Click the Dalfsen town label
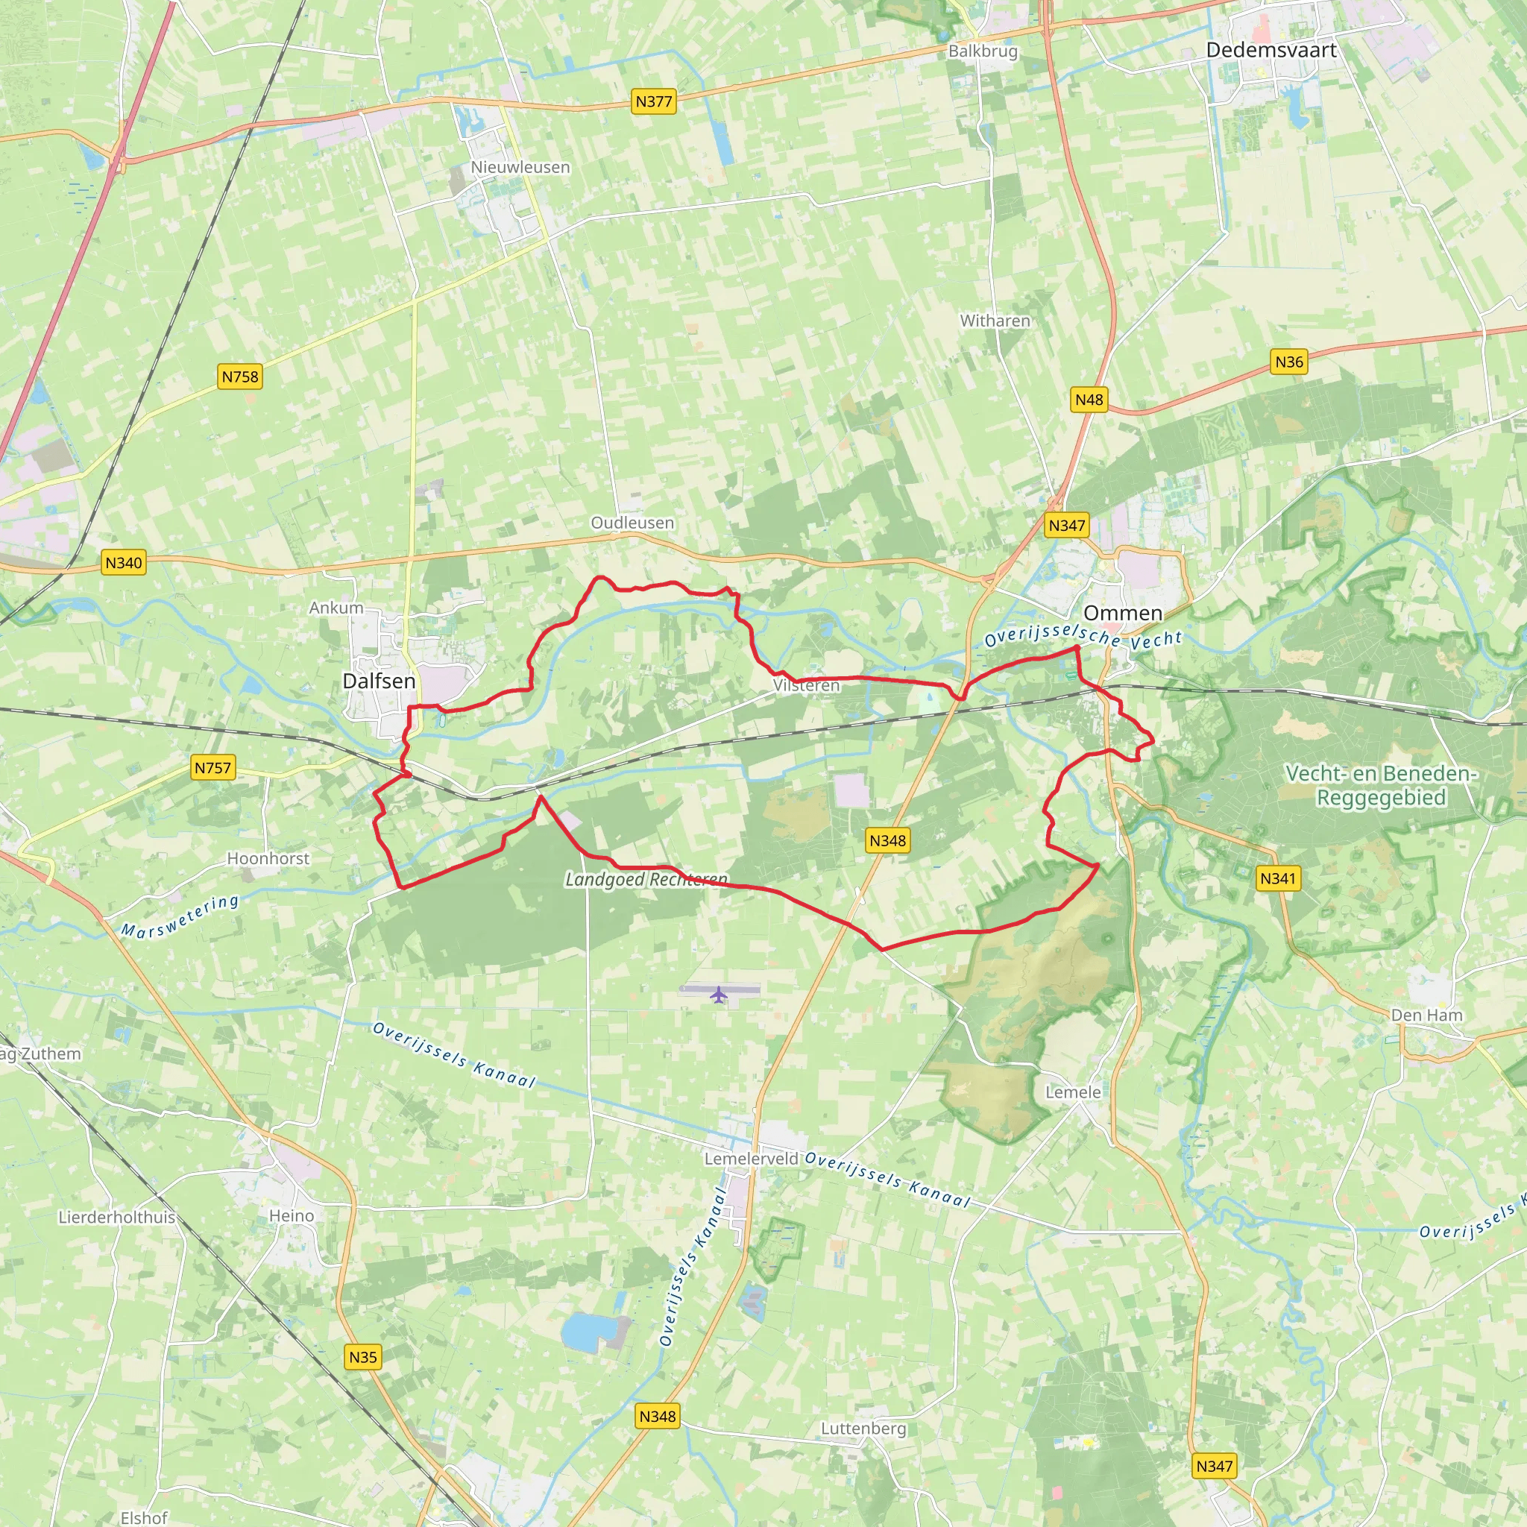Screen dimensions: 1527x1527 tap(379, 681)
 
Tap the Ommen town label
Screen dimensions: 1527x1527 tap(1122, 614)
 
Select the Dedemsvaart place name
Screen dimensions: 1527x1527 tap(1271, 51)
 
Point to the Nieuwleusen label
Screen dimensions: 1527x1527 tap(520, 168)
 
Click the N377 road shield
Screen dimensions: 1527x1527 tap(654, 101)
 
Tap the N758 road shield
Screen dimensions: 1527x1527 tap(239, 377)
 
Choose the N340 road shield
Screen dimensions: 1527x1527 tap(124, 563)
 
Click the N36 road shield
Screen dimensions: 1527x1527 tap(1289, 362)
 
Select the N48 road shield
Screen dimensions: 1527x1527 tap(1089, 400)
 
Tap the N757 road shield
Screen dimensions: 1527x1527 tap(212, 767)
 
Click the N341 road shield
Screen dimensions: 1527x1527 tap(1278, 878)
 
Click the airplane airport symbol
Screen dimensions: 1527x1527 tap(719, 995)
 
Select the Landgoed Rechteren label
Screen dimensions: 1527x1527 tap(646, 880)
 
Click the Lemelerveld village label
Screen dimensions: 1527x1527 tap(751, 1159)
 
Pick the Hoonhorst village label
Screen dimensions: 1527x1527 tap(268, 858)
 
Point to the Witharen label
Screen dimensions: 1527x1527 tap(995, 321)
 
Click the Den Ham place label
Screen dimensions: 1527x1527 tap(1426, 1015)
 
